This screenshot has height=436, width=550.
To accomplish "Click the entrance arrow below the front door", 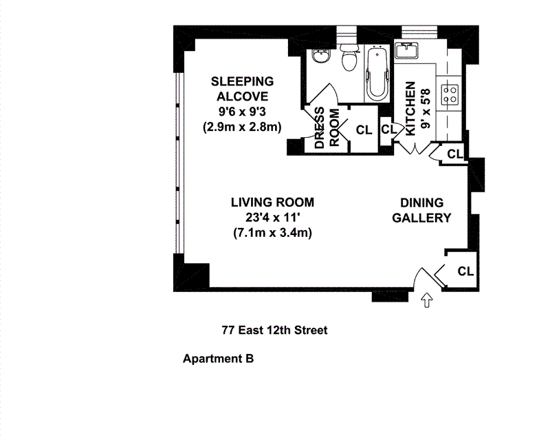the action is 426,301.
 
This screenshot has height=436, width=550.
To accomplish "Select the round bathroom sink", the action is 321,56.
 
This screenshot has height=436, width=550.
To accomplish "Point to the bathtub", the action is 377,74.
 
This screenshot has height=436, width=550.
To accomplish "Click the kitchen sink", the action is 406,50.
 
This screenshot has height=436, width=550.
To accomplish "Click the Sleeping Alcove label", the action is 243,89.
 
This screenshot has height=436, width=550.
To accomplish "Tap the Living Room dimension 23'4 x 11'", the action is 273,218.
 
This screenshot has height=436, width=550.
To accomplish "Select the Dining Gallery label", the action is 421,210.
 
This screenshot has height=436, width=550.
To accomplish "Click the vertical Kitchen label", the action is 410,109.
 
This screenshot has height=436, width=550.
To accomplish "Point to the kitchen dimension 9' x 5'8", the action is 425,109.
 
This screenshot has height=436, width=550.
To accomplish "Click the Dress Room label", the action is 327,127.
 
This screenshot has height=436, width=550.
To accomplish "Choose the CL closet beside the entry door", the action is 465,271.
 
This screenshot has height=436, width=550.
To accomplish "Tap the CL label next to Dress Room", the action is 364,130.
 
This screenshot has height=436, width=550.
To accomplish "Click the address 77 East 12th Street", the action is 274,330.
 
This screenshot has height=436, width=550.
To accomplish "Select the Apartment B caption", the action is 218,359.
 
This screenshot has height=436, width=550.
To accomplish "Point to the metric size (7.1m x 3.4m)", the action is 272,233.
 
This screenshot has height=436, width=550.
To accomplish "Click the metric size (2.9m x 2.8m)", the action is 243,127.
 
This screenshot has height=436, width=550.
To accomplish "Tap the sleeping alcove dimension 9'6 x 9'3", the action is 243,112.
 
